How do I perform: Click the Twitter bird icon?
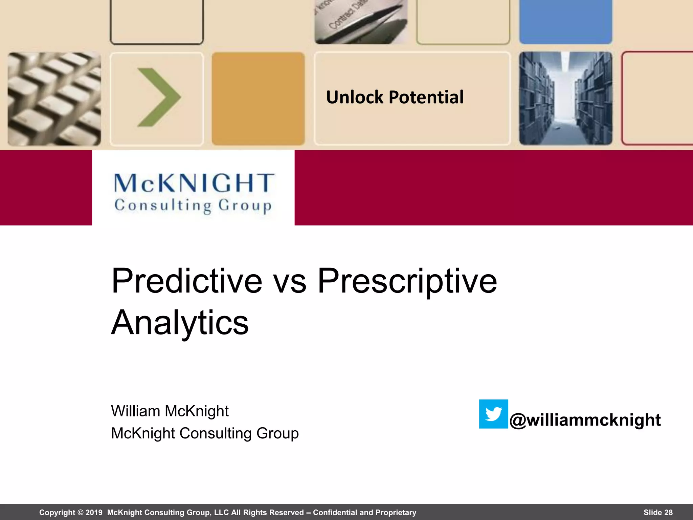[493, 414]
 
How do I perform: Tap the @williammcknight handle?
[585, 420]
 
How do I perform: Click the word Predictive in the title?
[187, 281]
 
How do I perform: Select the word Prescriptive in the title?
[407, 281]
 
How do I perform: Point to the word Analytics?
[180, 323]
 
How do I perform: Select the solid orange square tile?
[258, 99]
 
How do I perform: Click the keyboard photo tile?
[54, 99]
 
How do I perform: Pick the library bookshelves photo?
[565, 98]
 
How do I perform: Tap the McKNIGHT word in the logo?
[194, 183]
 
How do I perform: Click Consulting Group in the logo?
[193, 205]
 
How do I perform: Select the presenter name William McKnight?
[170, 411]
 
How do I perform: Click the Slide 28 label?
[658, 513]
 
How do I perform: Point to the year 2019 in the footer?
[94, 513]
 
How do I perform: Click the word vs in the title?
[290, 281]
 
